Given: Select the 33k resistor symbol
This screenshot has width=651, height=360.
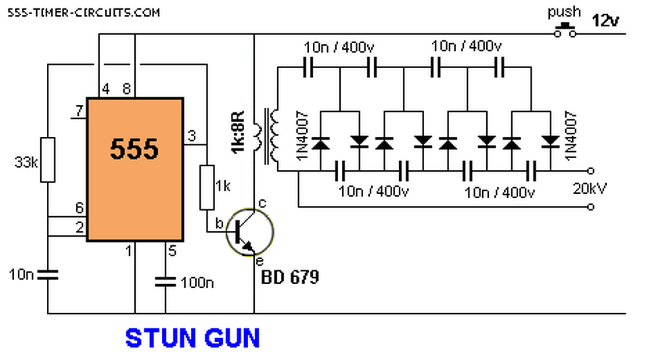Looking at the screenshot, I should (x=48, y=159).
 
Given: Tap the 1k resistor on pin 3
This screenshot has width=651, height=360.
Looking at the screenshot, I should (x=207, y=187).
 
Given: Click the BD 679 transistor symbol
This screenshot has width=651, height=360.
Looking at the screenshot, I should (x=249, y=231).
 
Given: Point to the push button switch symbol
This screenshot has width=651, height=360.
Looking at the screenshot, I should (x=565, y=31).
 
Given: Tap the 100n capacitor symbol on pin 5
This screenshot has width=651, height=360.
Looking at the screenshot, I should (x=166, y=281).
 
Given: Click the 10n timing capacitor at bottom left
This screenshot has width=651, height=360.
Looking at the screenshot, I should (x=48, y=275).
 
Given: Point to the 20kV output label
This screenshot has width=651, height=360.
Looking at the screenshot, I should (x=590, y=189).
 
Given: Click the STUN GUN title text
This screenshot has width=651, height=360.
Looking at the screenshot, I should (x=192, y=339).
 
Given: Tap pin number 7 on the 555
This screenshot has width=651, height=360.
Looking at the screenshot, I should (x=78, y=111).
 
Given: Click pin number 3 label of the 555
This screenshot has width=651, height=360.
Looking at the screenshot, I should (x=191, y=136).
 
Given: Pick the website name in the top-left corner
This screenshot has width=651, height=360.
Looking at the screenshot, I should (x=83, y=12).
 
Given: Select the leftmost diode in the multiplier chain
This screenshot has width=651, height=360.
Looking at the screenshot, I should (x=320, y=144).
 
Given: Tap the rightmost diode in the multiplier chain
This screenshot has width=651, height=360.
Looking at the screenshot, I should (x=551, y=141).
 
